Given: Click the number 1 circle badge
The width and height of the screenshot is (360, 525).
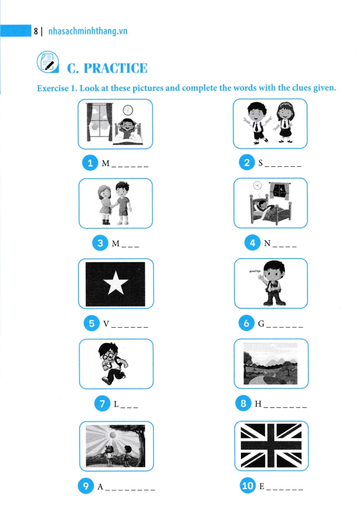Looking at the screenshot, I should tap(90, 164).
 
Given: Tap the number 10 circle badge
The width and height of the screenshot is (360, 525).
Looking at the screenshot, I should tap(247, 486).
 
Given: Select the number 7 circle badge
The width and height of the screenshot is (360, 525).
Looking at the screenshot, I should tap(103, 404).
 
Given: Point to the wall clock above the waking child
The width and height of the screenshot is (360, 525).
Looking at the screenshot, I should tap(128, 110).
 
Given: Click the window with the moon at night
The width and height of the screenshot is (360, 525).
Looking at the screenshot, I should tap(278, 191).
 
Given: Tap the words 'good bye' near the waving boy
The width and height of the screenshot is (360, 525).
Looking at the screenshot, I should tap(255, 272).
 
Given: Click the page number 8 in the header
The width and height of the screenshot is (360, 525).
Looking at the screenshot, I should tap(35, 31).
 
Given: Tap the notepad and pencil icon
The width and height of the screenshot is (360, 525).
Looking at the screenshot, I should tap(46, 62).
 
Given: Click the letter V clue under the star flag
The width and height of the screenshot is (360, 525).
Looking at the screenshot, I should tap(106, 324).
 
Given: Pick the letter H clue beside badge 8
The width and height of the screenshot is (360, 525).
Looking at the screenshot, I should tap(258, 404).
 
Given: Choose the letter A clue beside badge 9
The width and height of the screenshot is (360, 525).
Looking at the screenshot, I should tap(100, 486).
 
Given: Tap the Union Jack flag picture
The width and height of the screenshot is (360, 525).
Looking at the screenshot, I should tap(271, 446).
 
